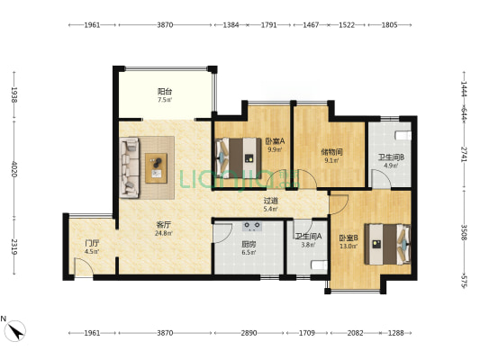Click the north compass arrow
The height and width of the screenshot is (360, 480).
pyautogui.click(x=16, y=331)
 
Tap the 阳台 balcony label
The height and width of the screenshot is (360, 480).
pyautogui.click(x=165, y=91)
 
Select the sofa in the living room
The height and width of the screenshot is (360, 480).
pyautogui.click(x=129, y=167)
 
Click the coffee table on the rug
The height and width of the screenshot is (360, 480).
pyautogui.click(x=156, y=168)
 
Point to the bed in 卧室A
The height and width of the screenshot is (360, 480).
pyautogui.click(x=239, y=158)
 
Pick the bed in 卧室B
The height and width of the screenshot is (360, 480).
pyautogui.click(x=387, y=244)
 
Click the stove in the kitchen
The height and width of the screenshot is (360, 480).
pyautogui.click(x=252, y=226)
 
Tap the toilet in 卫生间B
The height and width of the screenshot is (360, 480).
pyautogui.click(x=403, y=136)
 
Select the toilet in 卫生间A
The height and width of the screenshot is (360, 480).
pyautogui.click(x=320, y=265)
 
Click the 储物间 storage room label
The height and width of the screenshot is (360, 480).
pyautogui.click(x=331, y=152)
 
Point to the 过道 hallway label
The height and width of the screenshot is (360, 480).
pyautogui.click(x=271, y=201)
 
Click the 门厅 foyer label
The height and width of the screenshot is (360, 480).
pyautogui.click(x=92, y=244)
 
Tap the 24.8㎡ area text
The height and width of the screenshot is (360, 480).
pyautogui.click(x=164, y=233)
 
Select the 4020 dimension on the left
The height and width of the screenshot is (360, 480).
pyautogui.click(x=14, y=169)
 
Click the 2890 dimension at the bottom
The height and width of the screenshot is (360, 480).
pyautogui.click(x=249, y=333)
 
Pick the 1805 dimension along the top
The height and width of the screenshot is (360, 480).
pyautogui.click(x=389, y=25)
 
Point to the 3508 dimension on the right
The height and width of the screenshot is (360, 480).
pyautogui.click(x=464, y=232)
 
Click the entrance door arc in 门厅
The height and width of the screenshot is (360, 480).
pyautogui.click(x=84, y=266)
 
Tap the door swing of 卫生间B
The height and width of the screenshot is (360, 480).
pyautogui.click(x=382, y=178)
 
